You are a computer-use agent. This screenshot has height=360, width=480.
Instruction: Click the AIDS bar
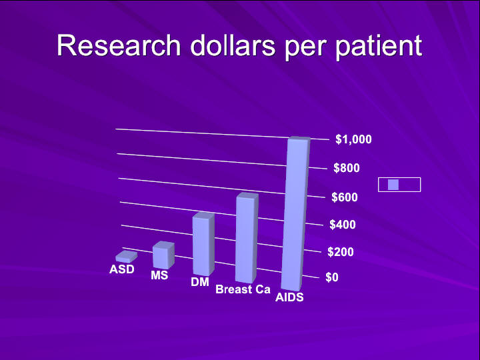[296, 214]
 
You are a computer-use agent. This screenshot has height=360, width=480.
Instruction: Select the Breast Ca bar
[247, 238]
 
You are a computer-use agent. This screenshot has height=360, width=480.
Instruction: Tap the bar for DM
[203, 244]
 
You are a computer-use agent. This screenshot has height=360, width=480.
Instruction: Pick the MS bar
[164, 255]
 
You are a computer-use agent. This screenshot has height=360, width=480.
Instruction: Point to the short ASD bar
[127, 257]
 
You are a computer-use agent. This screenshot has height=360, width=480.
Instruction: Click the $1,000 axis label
[353, 139]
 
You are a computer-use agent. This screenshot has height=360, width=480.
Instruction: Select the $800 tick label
[347, 168]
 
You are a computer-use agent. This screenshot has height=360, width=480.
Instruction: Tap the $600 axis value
[345, 197]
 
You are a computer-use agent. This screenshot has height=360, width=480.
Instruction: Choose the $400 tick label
[343, 225]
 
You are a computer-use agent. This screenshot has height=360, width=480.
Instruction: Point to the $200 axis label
[341, 252]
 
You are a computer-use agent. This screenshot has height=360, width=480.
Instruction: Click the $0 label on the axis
[332, 277]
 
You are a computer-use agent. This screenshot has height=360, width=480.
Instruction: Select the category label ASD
[122, 269]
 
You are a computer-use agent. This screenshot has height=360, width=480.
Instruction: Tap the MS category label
[159, 275]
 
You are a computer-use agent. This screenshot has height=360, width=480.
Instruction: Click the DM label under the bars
[200, 282]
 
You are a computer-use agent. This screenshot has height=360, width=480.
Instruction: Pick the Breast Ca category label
[243, 289]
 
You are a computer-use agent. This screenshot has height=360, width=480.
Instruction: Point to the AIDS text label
[289, 297]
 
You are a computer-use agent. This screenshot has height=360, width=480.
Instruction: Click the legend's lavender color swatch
[393, 185]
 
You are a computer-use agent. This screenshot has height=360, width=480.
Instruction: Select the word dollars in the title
[233, 45]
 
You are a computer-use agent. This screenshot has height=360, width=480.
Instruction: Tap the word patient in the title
[379, 47]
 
